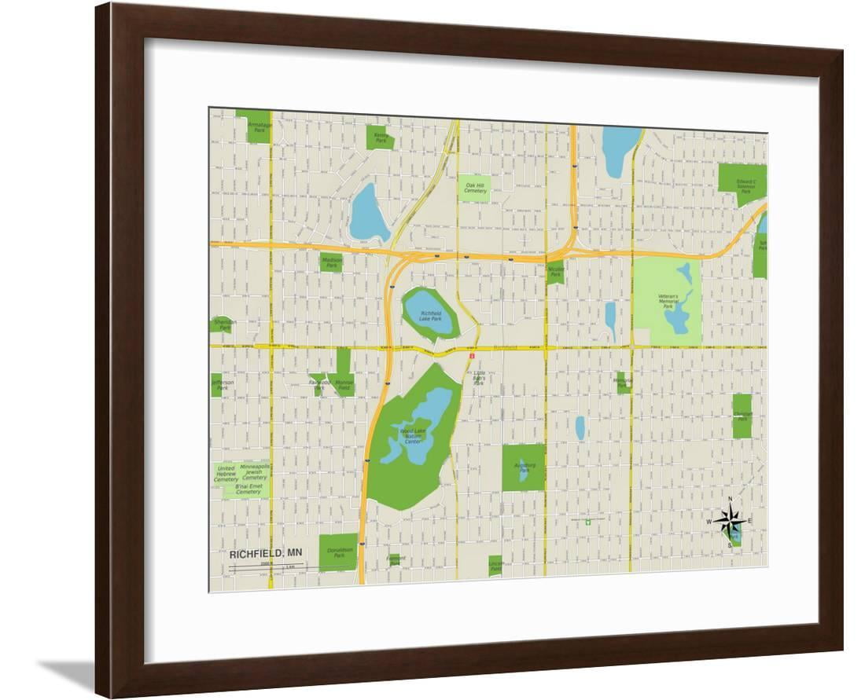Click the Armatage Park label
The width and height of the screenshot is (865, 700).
(259, 126)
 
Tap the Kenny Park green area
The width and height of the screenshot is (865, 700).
(380, 137)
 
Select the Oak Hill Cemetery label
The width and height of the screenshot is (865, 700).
(475, 188)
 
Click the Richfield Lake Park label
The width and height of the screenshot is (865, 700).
(430, 316)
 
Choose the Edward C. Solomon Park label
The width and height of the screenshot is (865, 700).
(745, 185)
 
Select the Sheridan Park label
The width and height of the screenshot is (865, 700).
(222, 324)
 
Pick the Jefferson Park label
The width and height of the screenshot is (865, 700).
(223, 385)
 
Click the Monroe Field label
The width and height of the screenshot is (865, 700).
(344, 385)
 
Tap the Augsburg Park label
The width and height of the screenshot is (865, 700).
(524, 468)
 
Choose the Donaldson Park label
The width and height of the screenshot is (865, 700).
(339, 552)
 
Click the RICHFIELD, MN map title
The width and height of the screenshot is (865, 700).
(265, 553)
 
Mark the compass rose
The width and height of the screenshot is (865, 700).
(731, 521)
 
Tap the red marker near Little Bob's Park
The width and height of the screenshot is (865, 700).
(472, 356)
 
